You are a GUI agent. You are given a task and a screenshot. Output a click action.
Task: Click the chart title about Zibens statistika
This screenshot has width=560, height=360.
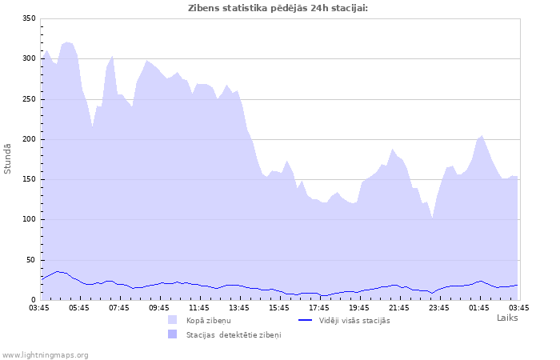(x=278, y=8)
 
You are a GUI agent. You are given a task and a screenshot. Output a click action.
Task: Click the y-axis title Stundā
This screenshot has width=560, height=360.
(x=8, y=158)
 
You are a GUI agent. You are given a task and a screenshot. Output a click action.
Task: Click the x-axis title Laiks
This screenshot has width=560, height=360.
(x=507, y=318)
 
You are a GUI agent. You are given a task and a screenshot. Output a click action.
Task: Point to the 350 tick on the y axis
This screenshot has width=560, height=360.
(x=28, y=18)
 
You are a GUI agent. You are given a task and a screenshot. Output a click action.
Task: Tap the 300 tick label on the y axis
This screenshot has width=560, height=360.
(x=28, y=58)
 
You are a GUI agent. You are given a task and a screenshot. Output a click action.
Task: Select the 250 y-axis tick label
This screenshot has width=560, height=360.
(x=28, y=99)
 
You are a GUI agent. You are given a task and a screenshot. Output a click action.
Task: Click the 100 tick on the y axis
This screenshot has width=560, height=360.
(x=28, y=219)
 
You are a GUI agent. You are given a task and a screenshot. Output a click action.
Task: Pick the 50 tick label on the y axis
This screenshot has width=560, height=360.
(x=30, y=260)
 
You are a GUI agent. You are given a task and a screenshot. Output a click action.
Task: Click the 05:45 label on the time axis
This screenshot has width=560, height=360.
(x=79, y=307)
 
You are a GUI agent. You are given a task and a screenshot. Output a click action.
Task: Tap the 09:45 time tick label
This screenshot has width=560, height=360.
(x=159, y=307)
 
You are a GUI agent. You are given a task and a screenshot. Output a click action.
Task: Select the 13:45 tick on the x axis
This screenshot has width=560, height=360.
(x=239, y=307)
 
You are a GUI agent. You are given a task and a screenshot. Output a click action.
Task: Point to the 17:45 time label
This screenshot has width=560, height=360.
(x=319, y=307)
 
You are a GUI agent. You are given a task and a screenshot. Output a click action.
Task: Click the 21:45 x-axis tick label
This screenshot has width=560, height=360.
(x=399, y=307)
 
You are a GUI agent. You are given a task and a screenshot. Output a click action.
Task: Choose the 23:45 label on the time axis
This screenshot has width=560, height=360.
(x=439, y=307)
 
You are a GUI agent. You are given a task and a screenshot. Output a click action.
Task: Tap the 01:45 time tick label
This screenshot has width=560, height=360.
(x=479, y=307)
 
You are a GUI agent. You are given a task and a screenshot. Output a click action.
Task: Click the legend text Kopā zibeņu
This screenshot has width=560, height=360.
(x=208, y=320)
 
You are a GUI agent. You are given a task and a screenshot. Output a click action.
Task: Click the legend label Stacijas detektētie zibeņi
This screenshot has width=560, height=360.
(x=234, y=334)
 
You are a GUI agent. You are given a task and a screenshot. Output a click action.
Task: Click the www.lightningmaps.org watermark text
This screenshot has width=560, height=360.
(x=46, y=354)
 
